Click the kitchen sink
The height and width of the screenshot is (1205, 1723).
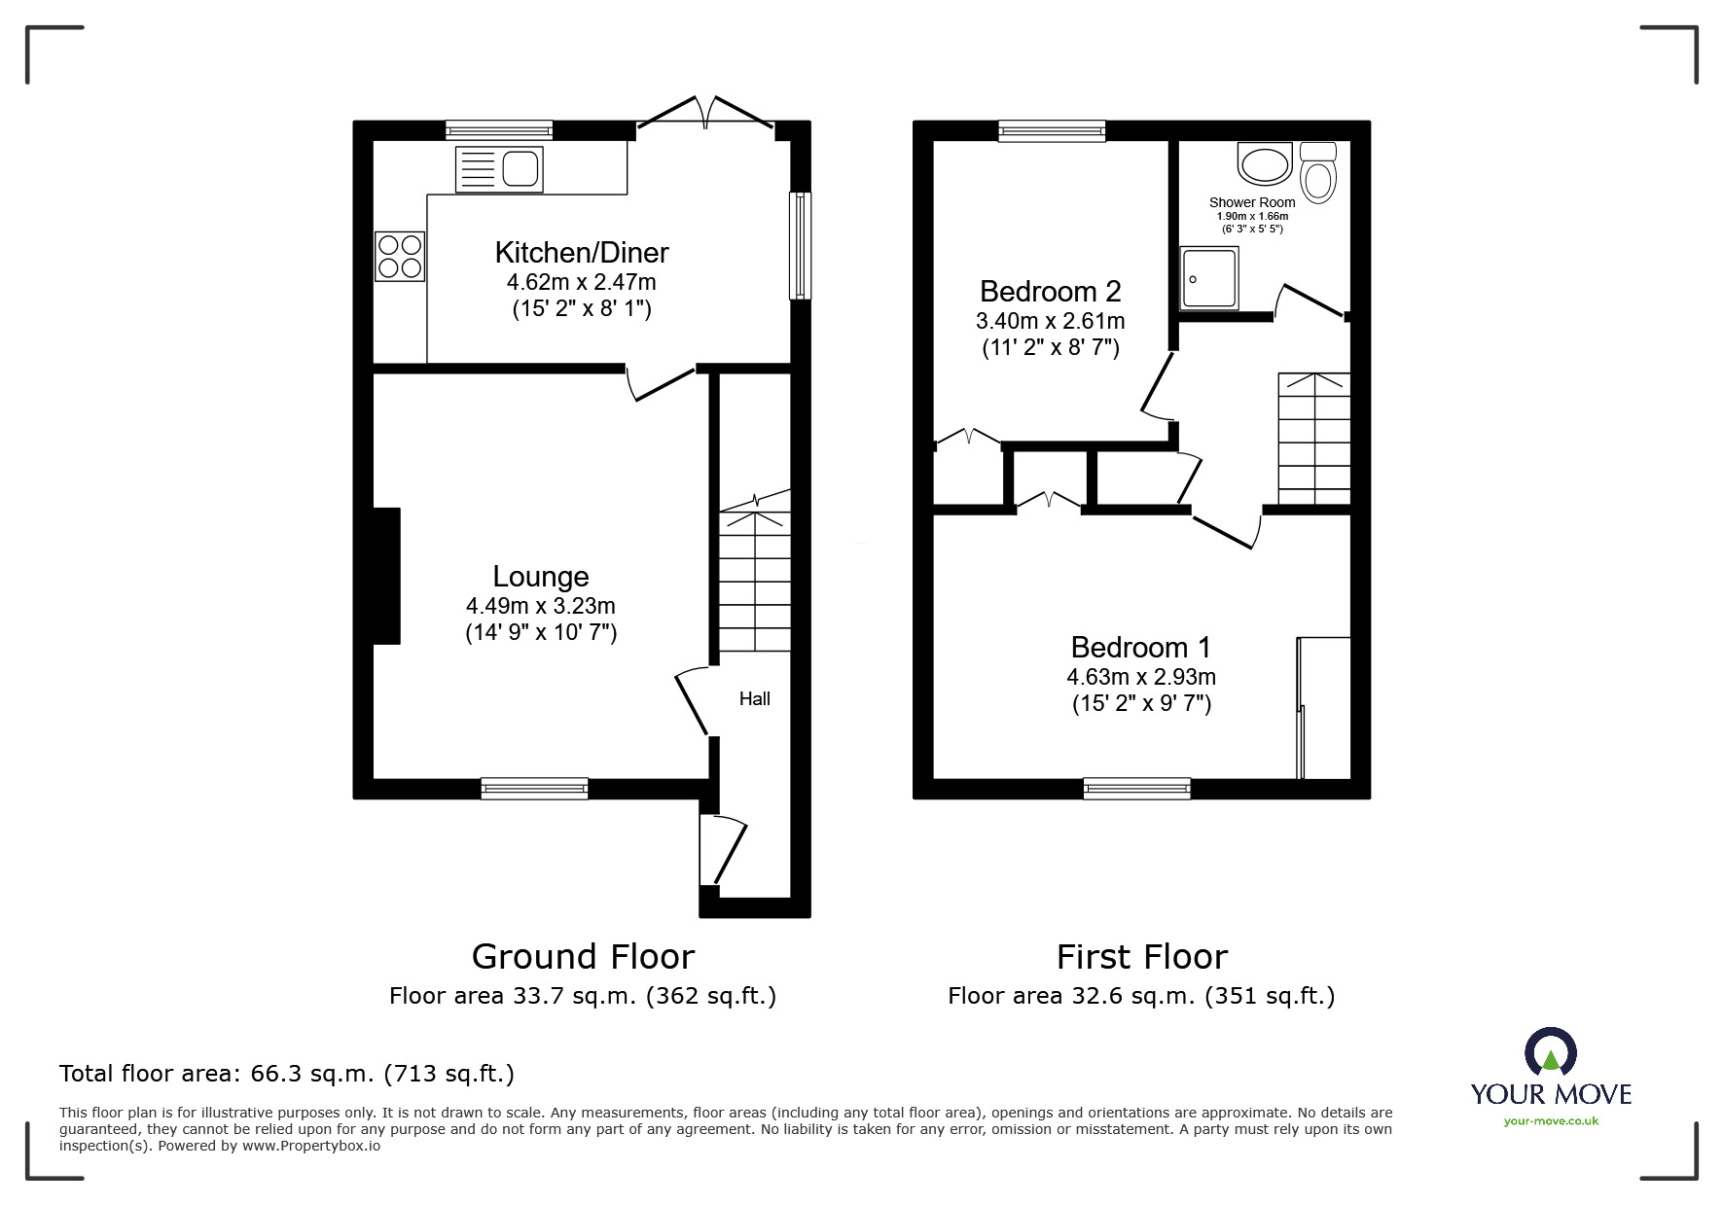click(499, 169)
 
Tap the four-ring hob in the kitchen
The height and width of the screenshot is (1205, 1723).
click(400, 256)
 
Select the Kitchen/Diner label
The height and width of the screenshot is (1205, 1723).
click(582, 253)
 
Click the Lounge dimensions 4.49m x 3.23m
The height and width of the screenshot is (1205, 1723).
click(540, 606)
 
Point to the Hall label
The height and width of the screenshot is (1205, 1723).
click(754, 698)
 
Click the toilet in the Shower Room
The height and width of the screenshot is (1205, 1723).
click(1318, 174)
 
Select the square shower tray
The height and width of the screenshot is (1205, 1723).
click(1209, 277)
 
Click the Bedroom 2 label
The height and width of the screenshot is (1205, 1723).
click(1050, 291)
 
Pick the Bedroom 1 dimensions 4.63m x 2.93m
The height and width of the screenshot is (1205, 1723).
click(1141, 677)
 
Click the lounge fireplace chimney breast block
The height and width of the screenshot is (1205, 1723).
click(386, 576)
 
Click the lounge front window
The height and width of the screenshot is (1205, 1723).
click(534, 789)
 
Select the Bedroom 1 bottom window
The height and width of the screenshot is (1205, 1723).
click(1136, 789)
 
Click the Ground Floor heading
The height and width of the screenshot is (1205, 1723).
click(583, 957)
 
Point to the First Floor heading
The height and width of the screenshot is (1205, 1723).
click(1141, 957)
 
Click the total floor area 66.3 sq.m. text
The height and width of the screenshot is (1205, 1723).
click(287, 1074)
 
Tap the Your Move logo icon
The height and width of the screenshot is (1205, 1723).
click(1550, 1054)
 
